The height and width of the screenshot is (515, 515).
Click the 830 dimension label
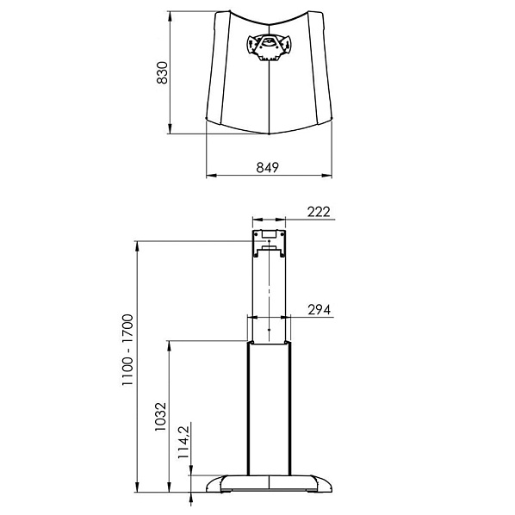pyautogui.click(x=162, y=73)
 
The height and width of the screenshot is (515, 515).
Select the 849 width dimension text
pyautogui.click(x=267, y=168)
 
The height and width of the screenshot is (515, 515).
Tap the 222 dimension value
pyautogui.click(x=319, y=212)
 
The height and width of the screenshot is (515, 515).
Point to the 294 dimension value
pyautogui.click(x=320, y=310)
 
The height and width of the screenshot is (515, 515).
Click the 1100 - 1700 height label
pyautogui.click(x=127, y=351)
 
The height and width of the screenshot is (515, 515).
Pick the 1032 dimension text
pyautogui.click(x=160, y=417)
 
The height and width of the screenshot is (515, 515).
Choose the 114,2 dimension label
pyautogui.click(x=183, y=443)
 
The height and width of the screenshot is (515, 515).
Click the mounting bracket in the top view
pyautogui.click(x=269, y=47)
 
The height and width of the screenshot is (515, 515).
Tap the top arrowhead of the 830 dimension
pyautogui.click(x=170, y=16)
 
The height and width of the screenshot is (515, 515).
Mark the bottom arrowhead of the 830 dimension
pyautogui.click(x=170, y=129)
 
